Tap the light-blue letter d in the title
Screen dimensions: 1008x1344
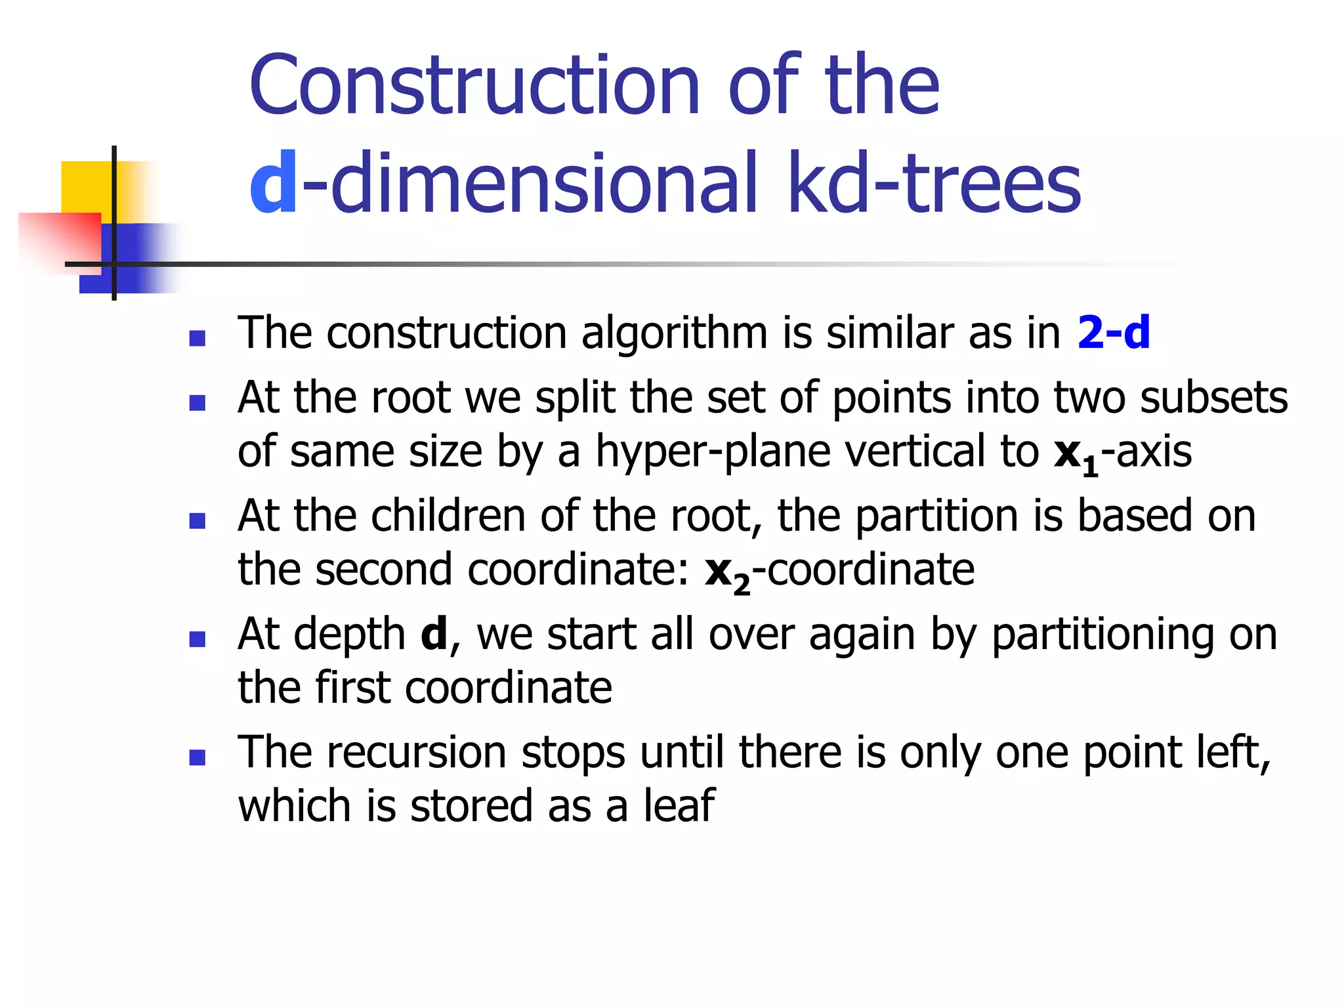(273, 183)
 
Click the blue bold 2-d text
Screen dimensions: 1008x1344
(1114, 333)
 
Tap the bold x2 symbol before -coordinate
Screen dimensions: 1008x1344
(727, 572)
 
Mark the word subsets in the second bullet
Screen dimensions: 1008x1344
(1214, 398)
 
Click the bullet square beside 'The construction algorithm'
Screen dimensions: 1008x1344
(197, 338)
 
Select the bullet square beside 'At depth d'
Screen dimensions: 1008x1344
(197, 639)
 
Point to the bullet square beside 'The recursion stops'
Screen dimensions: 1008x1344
(197, 758)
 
